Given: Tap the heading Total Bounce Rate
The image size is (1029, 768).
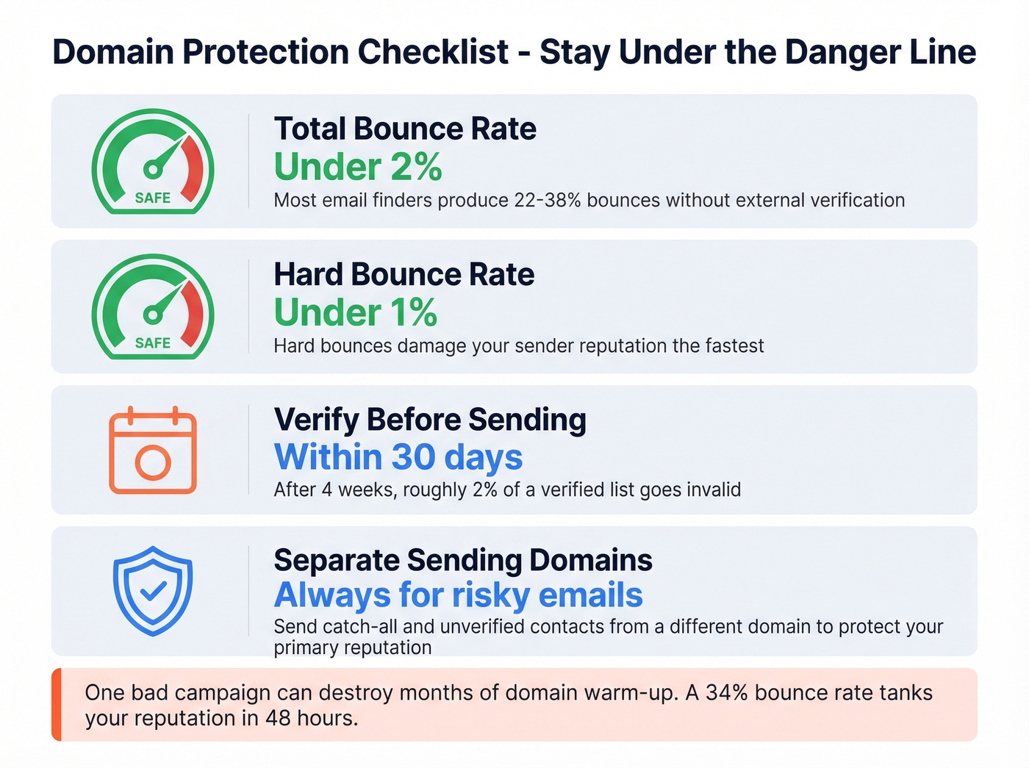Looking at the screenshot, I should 405,129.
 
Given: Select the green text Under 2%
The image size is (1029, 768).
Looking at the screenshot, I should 358,167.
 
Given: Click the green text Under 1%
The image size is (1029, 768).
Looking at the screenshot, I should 356,312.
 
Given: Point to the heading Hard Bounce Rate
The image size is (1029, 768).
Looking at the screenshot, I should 404,274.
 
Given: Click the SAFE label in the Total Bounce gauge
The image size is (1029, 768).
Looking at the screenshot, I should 153,198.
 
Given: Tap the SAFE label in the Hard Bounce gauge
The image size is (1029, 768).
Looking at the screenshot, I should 153,343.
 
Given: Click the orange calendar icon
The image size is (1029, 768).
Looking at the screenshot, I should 153,450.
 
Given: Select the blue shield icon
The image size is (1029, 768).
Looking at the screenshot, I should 153,590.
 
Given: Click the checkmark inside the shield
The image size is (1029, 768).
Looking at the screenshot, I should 153,591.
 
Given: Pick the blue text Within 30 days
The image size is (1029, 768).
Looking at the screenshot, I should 398,457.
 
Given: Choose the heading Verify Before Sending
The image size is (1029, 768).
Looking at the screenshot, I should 430,420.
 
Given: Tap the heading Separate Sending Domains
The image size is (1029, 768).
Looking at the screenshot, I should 463,560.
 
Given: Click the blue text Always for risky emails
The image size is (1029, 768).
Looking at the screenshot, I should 459,595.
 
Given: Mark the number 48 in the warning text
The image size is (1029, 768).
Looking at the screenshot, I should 278,717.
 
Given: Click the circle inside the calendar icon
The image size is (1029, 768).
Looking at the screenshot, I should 153,462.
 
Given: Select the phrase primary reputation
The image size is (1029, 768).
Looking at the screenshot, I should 353,647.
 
